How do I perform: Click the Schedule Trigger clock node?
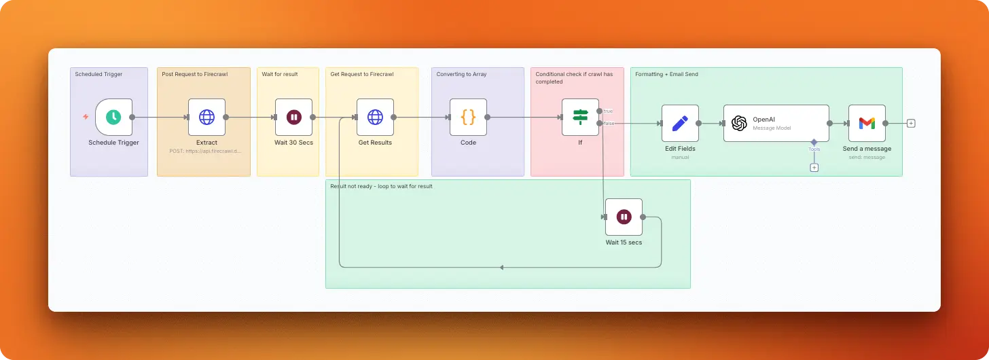(x=113, y=117)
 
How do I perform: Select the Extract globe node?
(x=206, y=117)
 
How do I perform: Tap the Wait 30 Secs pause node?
(x=293, y=117)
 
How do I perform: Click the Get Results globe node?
(x=375, y=117)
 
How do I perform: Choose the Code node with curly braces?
(x=468, y=117)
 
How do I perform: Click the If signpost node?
(x=580, y=117)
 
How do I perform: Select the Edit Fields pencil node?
(x=680, y=123)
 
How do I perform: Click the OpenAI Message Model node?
(x=776, y=123)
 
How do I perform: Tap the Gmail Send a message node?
(x=867, y=123)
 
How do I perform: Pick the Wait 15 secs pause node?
(x=624, y=217)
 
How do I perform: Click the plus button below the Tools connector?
(x=814, y=167)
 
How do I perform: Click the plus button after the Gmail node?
(x=911, y=123)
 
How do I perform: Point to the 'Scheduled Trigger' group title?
(x=98, y=74)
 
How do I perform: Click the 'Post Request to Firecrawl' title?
(x=194, y=74)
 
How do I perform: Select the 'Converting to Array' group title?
(x=461, y=74)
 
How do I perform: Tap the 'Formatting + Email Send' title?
(x=666, y=74)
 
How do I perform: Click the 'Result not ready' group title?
(x=381, y=186)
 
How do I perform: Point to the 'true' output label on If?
(x=607, y=111)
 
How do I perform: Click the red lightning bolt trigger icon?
(x=86, y=117)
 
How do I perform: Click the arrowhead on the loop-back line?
(x=501, y=268)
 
